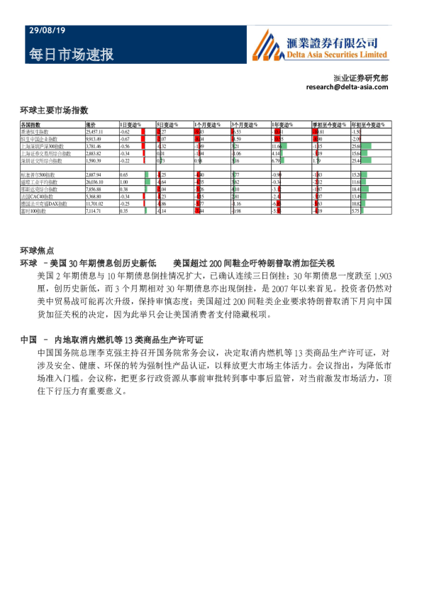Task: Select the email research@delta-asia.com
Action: tap(348, 87)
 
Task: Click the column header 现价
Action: tap(91, 125)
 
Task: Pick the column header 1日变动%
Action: tap(130, 125)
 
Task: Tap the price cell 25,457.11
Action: tap(94, 132)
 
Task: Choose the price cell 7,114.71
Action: tap(94, 211)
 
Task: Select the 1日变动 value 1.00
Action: tap(123, 182)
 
